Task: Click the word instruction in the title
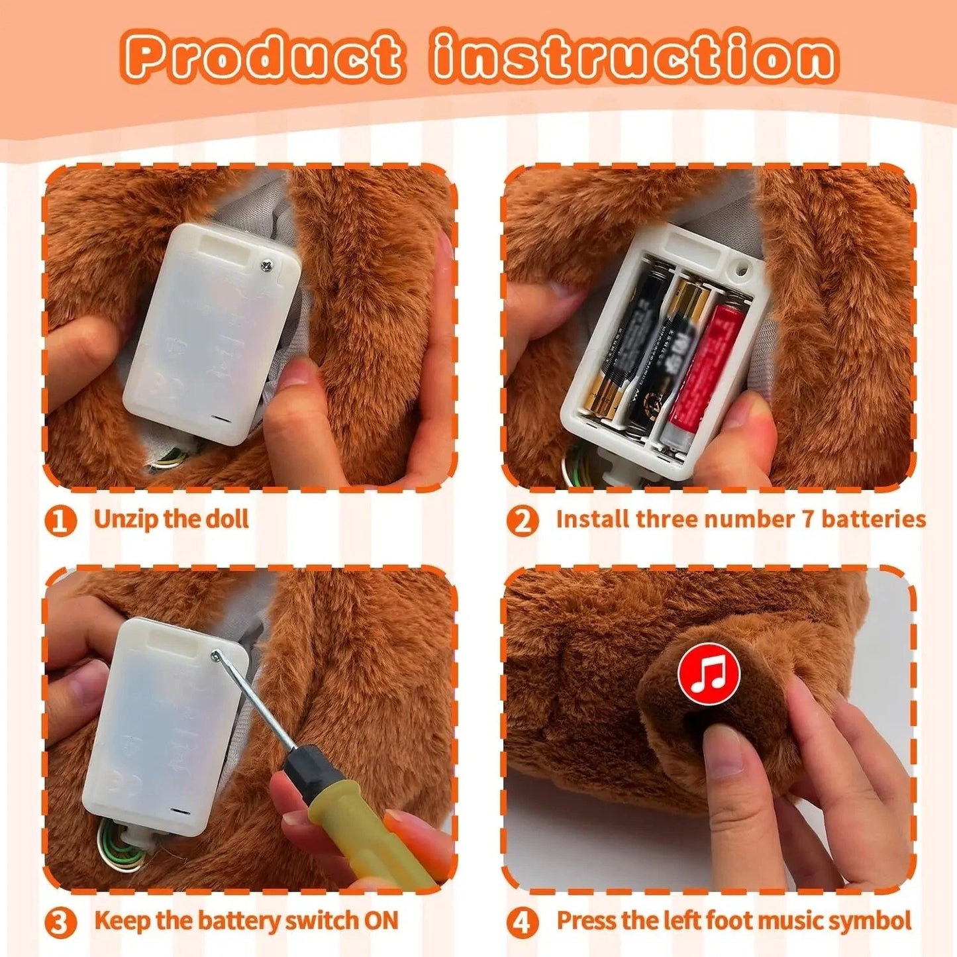tap(634, 57)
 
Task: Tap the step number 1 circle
tap(60, 521)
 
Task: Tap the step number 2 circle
tap(523, 521)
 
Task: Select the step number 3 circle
tap(60, 922)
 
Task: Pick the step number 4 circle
tap(523, 922)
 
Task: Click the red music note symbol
tap(709, 674)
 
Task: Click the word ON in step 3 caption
tap(381, 921)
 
